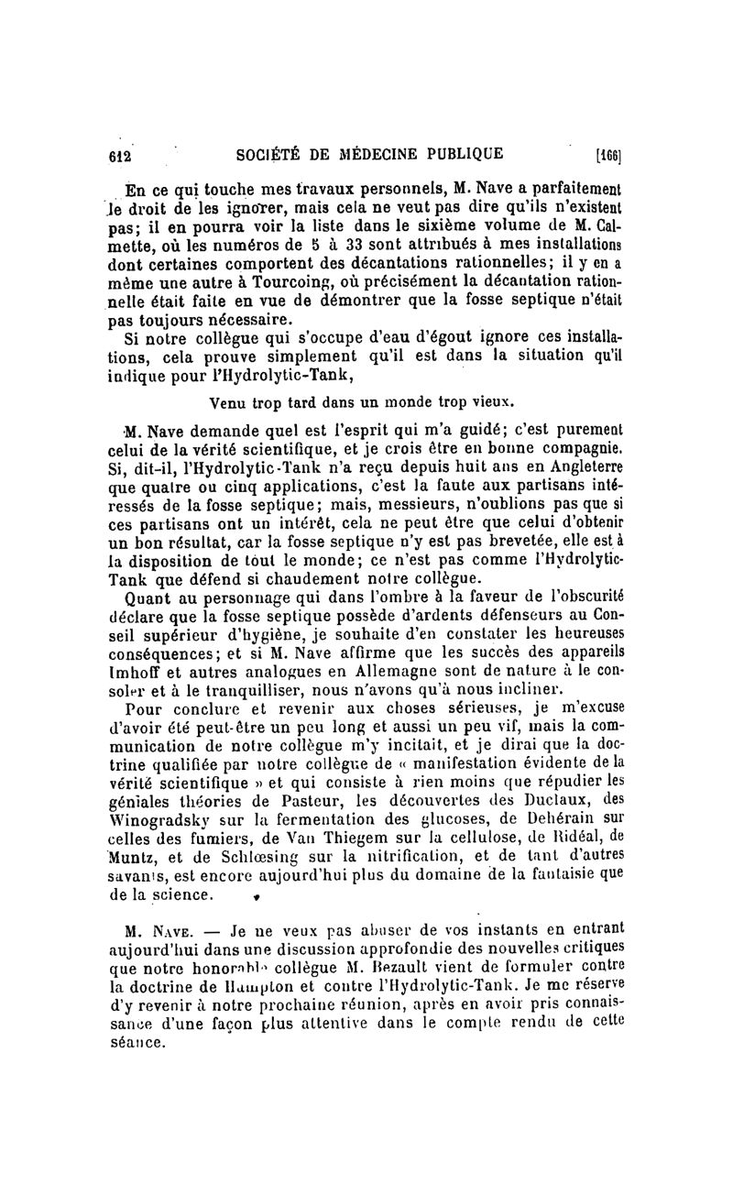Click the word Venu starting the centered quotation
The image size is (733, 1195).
click(229, 401)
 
